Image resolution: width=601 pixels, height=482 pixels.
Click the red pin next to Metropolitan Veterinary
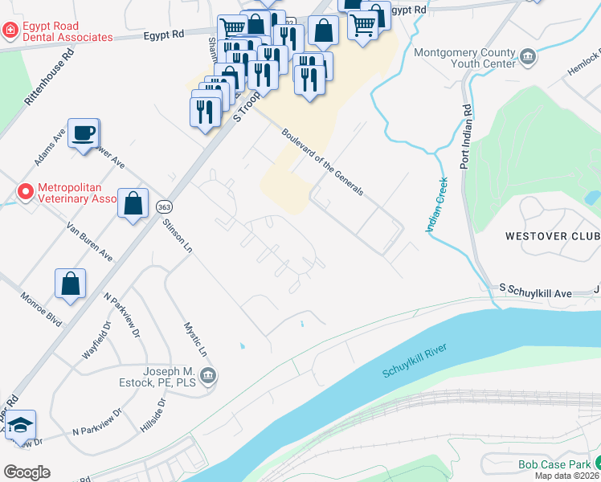26,193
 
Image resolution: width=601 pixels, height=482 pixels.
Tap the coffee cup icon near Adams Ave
83,133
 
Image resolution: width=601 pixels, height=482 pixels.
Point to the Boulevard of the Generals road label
323,162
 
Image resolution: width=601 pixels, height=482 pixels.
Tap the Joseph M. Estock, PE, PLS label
170,377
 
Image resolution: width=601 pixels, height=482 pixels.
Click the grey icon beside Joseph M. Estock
208,374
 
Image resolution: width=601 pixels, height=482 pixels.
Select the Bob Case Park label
550,464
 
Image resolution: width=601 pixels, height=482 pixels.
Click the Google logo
27,472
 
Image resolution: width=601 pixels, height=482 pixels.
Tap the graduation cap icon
20,425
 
